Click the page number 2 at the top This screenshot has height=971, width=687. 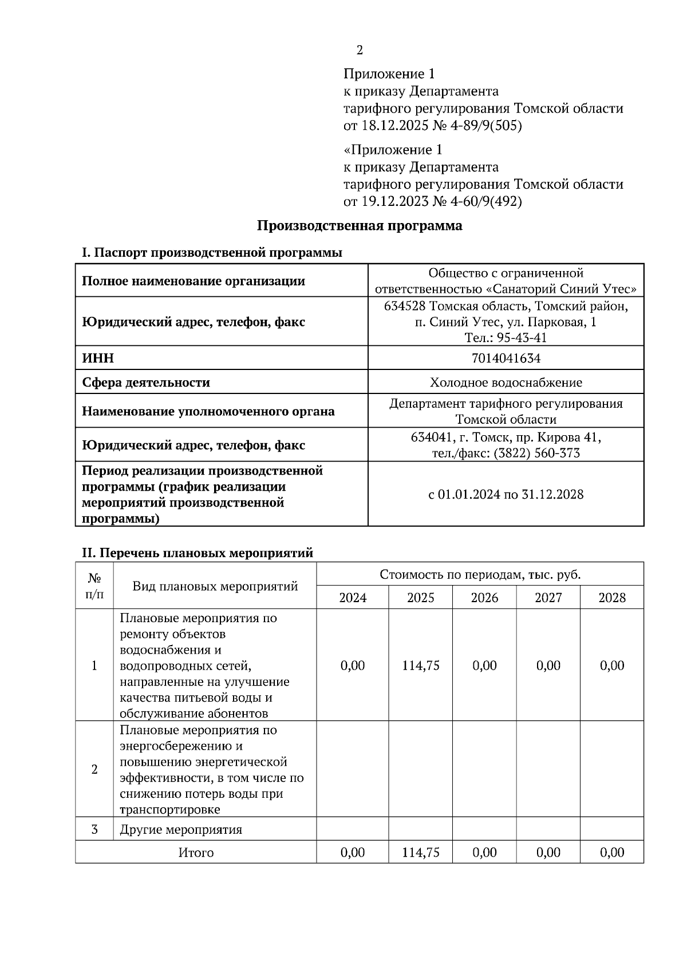coord(360,50)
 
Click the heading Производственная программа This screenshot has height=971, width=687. coord(359,225)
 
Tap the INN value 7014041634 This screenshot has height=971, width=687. coord(506,358)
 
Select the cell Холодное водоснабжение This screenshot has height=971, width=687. coord(506,382)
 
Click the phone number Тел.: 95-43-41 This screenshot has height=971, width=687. coord(506,337)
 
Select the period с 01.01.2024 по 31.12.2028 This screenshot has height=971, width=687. coord(506,494)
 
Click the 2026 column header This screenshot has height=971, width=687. coord(484,598)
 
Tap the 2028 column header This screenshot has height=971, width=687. coord(612,598)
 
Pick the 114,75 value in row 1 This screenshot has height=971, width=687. coord(421,665)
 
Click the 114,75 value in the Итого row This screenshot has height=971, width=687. coord(421,852)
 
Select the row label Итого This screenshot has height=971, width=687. coord(196,852)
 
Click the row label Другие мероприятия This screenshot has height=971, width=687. coord(181,829)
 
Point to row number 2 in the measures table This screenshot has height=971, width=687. coord(94,769)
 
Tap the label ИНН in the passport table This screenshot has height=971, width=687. coord(98,358)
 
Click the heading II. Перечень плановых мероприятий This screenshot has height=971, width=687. coord(198,553)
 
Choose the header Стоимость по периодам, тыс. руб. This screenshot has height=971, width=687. coord(480,574)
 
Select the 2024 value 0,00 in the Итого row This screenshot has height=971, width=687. coord(352,852)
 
